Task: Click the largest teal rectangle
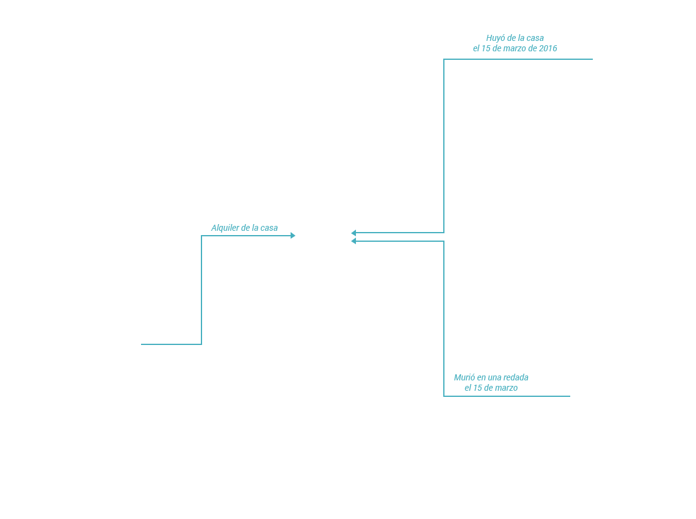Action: point(474,145)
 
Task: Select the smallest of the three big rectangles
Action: point(217,290)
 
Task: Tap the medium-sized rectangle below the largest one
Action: point(461,318)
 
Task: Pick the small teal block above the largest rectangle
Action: point(517,40)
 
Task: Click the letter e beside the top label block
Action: point(475,48)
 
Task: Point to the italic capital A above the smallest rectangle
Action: point(213,228)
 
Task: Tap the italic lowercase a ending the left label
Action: point(275,228)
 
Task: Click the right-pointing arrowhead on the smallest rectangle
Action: point(293,235)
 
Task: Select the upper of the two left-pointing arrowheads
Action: point(353,233)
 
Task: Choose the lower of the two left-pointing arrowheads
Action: point(353,241)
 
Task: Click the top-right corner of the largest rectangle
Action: point(593,58)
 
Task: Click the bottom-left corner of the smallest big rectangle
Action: point(141,345)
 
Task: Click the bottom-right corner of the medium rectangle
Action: point(570,397)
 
